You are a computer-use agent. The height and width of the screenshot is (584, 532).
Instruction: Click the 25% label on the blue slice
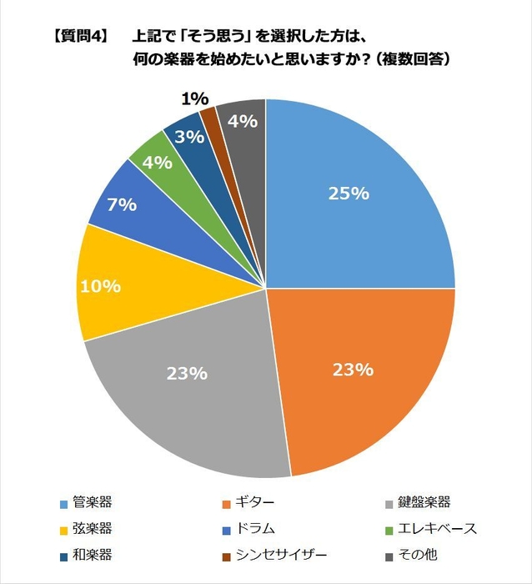pyautogui.click(x=348, y=194)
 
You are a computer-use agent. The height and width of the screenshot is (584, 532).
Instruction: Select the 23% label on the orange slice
pyautogui.click(x=351, y=369)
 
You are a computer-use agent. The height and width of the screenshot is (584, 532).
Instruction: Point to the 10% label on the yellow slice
pyautogui.click(x=100, y=286)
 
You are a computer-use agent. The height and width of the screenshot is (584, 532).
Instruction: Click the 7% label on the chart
pyautogui.click(x=122, y=203)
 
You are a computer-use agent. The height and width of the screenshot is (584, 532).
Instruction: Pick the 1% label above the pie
pyautogui.click(x=194, y=99)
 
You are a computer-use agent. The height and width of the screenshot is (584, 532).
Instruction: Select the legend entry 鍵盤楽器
pyautogui.click(x=418, y=502)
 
